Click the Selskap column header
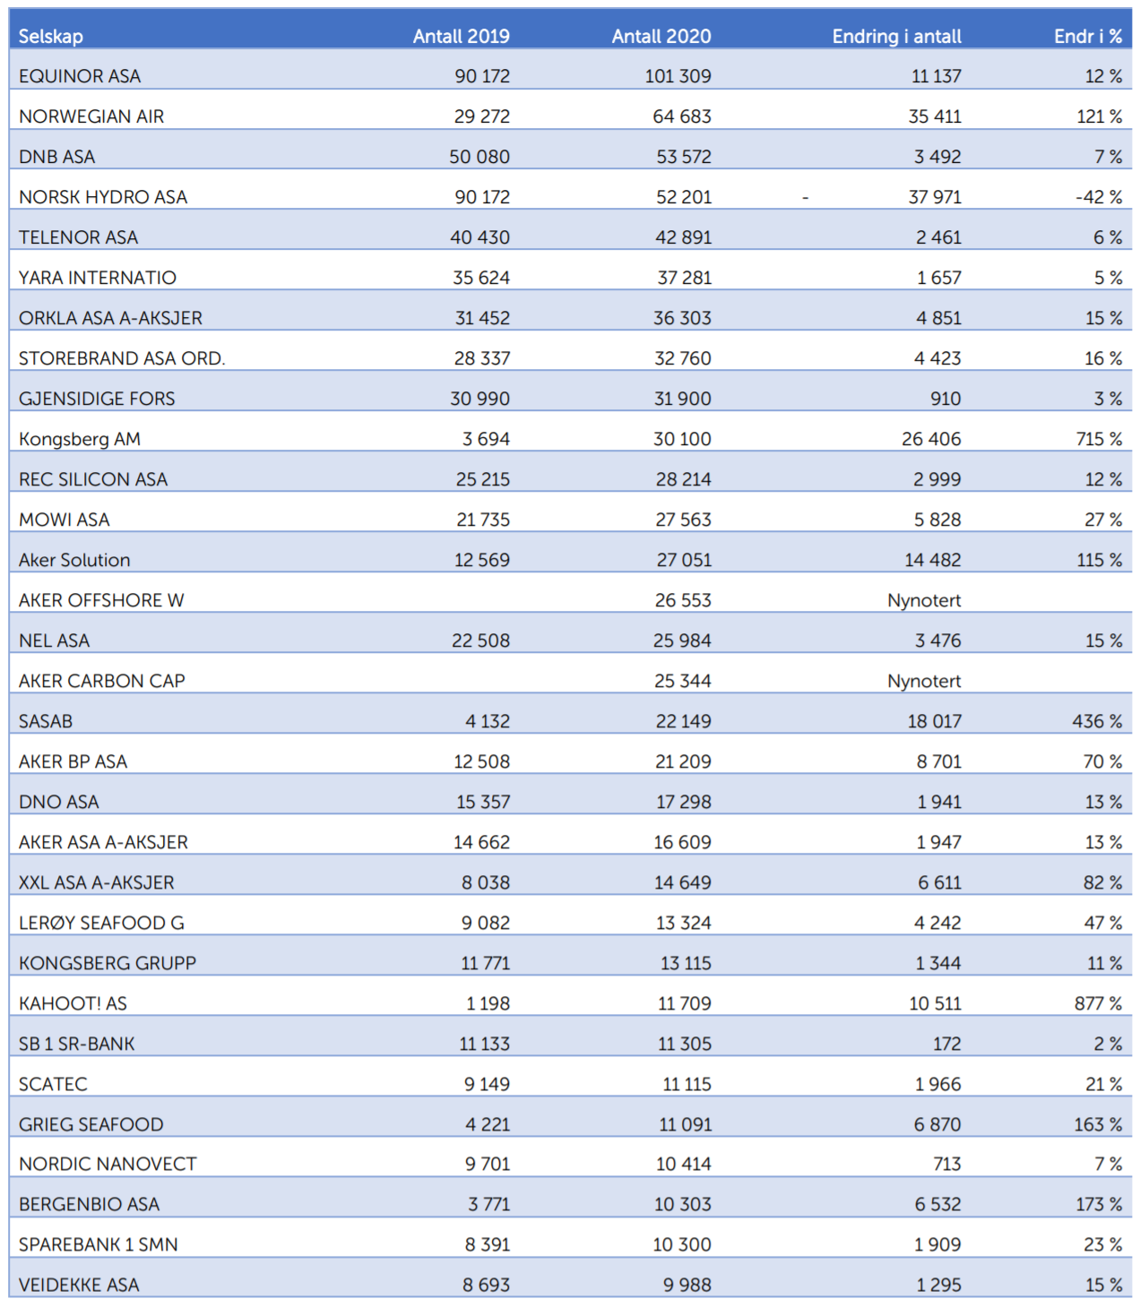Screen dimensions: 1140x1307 point(50,37)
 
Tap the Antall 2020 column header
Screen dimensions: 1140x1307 point(661,37)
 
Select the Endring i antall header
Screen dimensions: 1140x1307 point(896,37)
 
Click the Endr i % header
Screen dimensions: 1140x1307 point(1088,37)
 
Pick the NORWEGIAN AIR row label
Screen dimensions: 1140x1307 point(91,116)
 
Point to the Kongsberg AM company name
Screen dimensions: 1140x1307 point(79,439)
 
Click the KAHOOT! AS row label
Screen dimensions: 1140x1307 point(73,1003)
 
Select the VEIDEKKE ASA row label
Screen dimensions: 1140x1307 point(79,1285)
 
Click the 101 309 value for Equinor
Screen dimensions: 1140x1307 point(678,76)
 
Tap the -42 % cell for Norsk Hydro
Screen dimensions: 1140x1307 point(1099,197)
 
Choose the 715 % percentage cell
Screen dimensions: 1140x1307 point(1099,439)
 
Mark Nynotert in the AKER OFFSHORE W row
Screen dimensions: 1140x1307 point(923,600)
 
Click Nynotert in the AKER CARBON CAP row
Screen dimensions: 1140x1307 point(923,681)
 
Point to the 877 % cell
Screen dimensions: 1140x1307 point(1098,1003)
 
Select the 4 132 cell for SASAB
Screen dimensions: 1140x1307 point(487,721)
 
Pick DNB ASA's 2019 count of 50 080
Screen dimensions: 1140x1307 point(479,157)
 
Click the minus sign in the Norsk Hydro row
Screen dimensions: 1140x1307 point(805,198)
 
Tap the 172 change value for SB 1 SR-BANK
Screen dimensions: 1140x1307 point(946,1043)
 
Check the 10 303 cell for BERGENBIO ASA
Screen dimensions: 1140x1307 point(682,1204)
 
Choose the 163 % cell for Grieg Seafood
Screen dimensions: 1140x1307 point(1098,1124)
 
